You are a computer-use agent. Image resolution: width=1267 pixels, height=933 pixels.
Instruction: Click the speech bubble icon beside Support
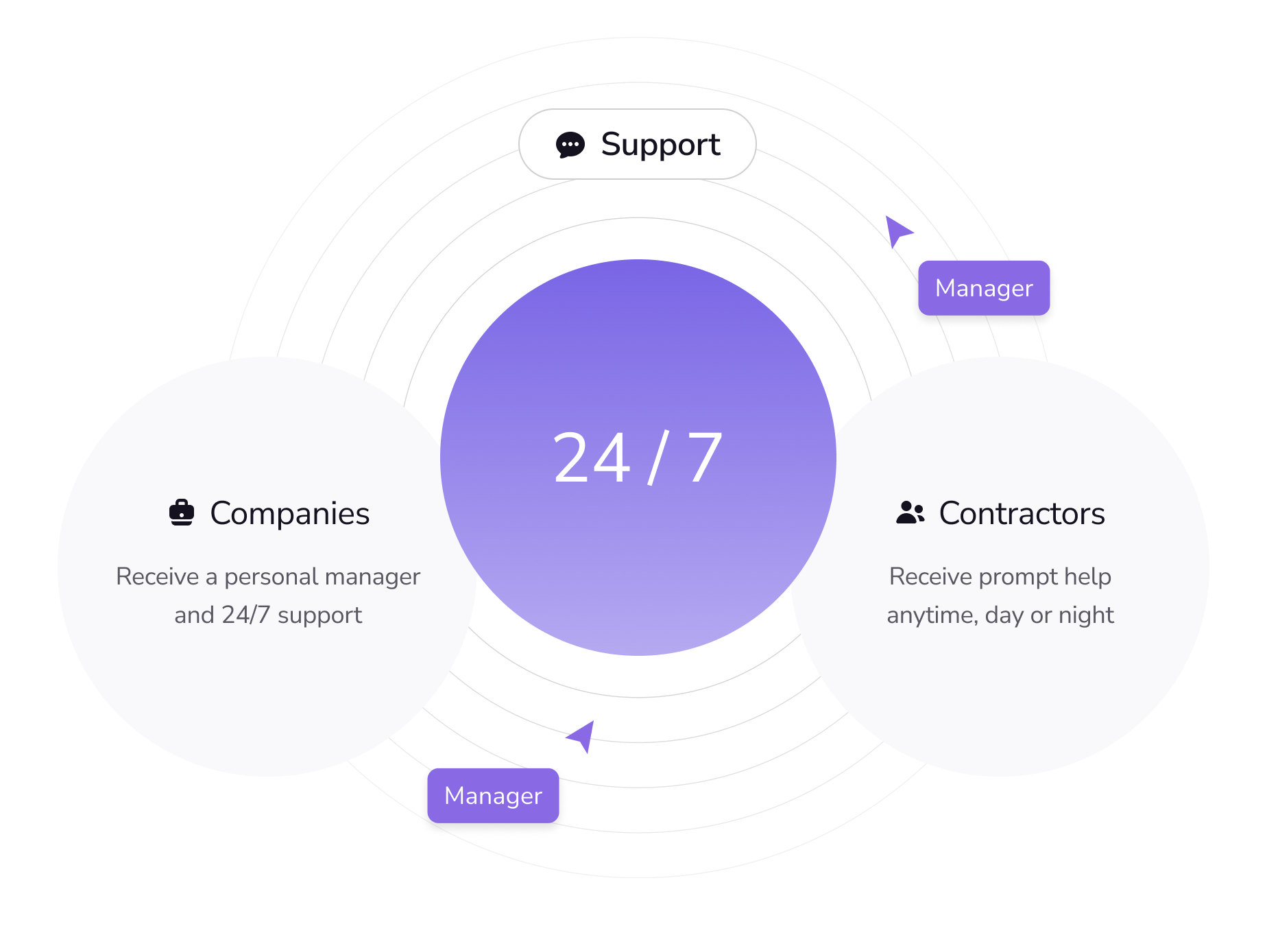pos(570,145)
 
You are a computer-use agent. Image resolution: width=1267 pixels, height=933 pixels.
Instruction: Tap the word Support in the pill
pos(660,145)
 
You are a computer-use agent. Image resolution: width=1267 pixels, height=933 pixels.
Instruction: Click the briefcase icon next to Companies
pos(182,512)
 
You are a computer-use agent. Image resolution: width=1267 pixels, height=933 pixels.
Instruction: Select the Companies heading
pos(289,513)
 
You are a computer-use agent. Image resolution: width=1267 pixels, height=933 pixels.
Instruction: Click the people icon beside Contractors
pos(910,512)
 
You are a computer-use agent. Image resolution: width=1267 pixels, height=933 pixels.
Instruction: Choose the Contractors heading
pos(1022,513)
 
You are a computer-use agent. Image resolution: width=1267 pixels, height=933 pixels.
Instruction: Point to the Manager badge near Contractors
pos(984,288)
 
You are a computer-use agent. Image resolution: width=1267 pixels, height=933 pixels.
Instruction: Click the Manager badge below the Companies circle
pos(493,796)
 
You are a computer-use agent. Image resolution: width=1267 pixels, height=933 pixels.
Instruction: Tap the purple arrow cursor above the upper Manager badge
pos(897,231)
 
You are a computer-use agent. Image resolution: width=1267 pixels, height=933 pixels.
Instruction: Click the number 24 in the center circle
pos(591,458)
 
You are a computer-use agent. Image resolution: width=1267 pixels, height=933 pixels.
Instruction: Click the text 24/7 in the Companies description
pos(245,615)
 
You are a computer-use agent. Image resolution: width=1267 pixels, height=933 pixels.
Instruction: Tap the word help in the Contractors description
pos(1087,576)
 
